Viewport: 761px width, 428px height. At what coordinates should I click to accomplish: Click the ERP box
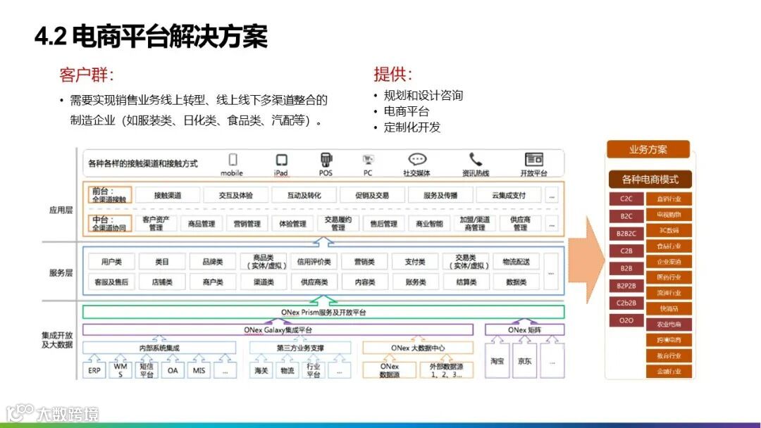94,370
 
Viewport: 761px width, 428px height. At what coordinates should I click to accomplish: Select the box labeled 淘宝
497,361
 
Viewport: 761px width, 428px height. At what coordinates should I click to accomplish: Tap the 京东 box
524,361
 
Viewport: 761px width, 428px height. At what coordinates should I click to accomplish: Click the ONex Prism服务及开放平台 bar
323,312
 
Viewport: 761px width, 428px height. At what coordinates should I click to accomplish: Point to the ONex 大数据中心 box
418,348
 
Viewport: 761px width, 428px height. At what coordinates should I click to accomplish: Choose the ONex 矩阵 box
525,329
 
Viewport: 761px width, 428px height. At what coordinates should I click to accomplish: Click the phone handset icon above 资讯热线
476,160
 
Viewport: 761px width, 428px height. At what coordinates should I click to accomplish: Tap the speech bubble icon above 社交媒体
417,160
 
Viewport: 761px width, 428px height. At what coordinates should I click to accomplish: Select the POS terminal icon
326,160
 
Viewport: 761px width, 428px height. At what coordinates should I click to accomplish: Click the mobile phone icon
233,160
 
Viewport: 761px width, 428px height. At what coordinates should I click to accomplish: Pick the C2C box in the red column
626,199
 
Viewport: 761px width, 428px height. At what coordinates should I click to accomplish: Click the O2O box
626,320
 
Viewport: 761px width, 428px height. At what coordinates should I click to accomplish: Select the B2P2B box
626,286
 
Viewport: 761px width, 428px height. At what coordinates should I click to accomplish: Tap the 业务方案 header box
648,149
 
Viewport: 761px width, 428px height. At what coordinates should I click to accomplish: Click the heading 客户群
87,75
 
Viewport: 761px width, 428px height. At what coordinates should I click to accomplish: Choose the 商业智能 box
429,224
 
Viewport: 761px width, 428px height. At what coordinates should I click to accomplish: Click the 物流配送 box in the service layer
516,262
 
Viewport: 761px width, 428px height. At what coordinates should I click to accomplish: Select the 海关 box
261,370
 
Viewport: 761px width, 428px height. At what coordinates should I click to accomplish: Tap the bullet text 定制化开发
412,127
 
